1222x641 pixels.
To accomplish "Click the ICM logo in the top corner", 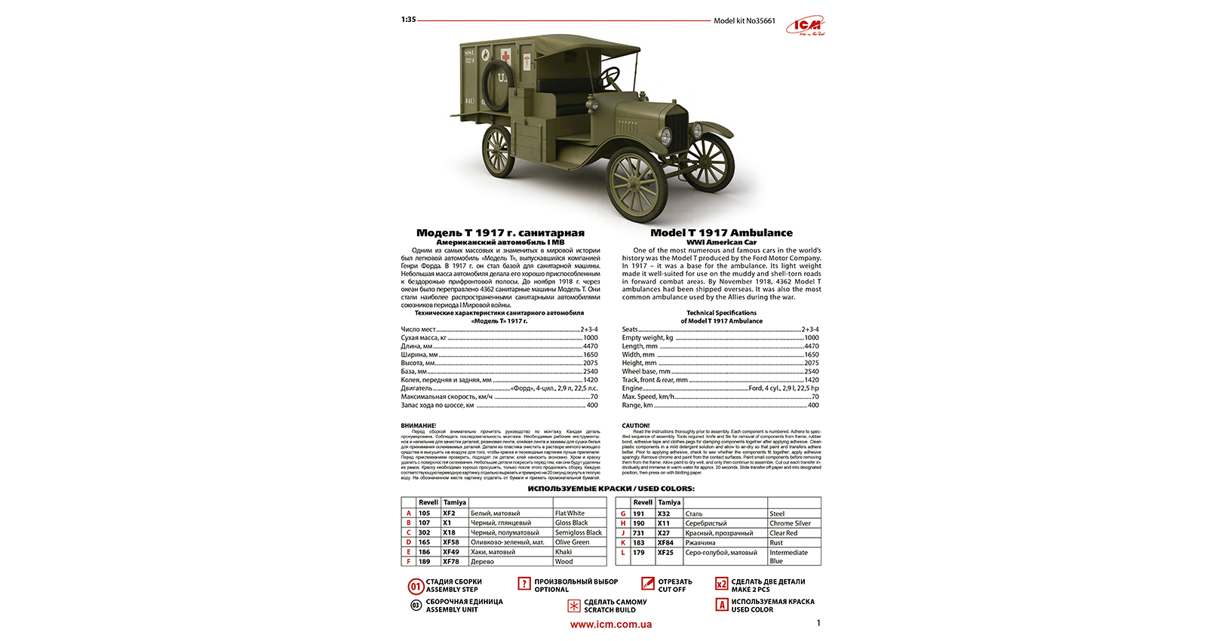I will coord(806,26).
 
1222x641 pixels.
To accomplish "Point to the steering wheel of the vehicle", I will coord(612,77).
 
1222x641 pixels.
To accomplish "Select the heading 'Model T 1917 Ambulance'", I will coord(721,233).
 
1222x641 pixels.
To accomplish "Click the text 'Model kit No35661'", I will coord(744,21).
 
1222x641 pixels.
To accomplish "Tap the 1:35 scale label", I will coord(408,20).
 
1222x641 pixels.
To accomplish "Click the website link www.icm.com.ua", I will coord(611,624).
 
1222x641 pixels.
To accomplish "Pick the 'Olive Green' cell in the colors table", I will coord(572,542).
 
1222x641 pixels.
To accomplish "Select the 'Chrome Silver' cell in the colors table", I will coord(790,523).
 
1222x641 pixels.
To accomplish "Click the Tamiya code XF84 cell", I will coord(665,543).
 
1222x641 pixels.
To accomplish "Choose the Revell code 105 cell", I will coord(425,514).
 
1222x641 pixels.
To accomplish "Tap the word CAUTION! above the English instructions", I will coord(635,425).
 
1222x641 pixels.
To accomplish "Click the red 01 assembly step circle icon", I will coord(416,586).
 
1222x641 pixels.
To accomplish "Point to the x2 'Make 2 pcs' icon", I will coord(722,584).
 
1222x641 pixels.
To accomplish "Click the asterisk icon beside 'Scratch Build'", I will coord(574,606).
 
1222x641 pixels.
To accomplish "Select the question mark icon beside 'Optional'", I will coord(524,584).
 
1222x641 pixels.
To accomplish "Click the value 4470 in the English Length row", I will coord(811,346).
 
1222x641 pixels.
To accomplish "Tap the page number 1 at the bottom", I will coord(818,623).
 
